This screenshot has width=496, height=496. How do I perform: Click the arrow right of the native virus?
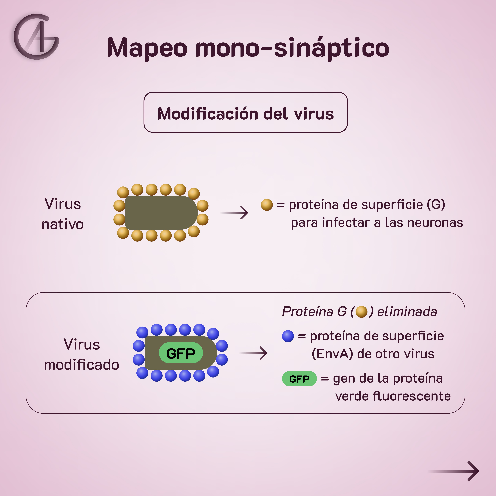point(234,213)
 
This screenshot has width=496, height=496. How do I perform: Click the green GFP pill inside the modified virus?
point(181,353)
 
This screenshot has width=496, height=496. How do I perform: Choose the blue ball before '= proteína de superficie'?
point(288,336)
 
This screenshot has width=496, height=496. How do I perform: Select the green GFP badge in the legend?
point(299,379)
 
